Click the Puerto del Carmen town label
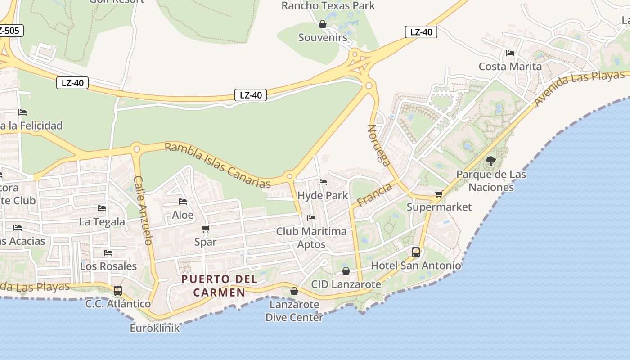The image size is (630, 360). coord(220,285)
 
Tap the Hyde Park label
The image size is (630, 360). coord(323,195)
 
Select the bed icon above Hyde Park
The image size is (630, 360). coord(323,182)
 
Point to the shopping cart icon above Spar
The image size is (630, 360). coord(206,229)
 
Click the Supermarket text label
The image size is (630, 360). coord(439,207)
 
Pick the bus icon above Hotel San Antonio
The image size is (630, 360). coord(416,252)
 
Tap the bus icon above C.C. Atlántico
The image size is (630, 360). coord(118,290)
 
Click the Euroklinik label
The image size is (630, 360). coord(155,328)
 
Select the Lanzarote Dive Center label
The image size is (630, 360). coord(294,310)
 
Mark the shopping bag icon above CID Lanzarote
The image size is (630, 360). coord(346,271)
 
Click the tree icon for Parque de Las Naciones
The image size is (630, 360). coord(491,161)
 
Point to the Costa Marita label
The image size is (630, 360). coord(510,66)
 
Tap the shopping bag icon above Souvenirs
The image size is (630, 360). coord(323,24)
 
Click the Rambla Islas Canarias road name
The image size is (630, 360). coord(218,165)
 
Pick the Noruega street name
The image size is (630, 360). coord(379,145)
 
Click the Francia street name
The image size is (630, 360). coord(374,194)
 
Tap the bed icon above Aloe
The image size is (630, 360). coord(183,202)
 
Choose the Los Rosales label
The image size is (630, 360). coord(108,265)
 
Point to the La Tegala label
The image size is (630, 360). coord(102,221)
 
